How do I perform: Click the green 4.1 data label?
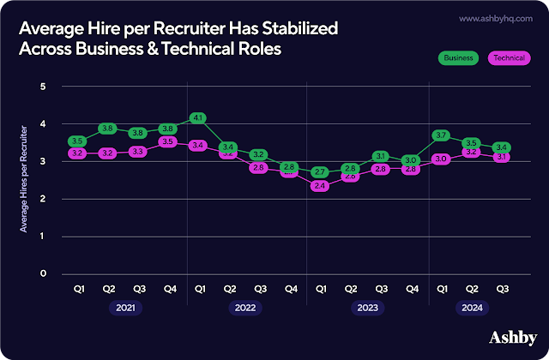198,117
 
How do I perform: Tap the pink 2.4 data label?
320,185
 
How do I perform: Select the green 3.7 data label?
442,135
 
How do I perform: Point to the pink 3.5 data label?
167,141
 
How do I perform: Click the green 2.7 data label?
320,172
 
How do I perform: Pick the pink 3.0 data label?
442,159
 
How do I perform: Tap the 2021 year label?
123,307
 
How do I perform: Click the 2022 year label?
244,307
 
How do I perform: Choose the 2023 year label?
366,307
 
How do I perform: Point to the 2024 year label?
473,307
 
